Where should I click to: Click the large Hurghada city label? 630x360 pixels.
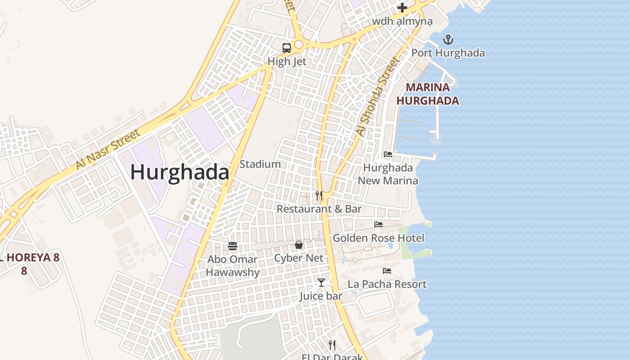(x=180, y=172)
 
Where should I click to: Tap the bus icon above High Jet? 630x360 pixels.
(x=287, y=48)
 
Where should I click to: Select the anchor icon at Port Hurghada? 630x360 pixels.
(x=448, y=40)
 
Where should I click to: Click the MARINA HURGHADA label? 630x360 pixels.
(x=427, y=94)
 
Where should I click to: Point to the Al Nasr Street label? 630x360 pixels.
(x=108, y=149)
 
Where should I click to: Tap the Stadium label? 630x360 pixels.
(x=260, y=164)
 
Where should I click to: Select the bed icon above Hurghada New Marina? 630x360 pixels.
(x=388, y=154)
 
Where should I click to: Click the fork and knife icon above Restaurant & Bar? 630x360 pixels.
(x=319, y=195)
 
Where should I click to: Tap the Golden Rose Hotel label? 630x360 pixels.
(x=378, y=238)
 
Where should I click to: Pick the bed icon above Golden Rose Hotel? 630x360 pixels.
(x=378, y=224)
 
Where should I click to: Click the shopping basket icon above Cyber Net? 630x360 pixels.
(x=299, y=245)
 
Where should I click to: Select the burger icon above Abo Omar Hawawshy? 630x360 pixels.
(x=233, y=246)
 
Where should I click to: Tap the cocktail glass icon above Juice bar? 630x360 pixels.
(x=321, y=282)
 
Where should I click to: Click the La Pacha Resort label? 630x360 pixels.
(x=387, y=284)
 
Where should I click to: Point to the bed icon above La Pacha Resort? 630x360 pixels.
(x=387, y=271)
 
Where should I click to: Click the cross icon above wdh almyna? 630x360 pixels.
(x=402, y=8)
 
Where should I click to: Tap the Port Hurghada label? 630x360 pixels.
(x=448, y=53)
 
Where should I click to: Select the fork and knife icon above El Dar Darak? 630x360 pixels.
(x=332, y=345)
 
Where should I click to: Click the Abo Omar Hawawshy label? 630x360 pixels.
(x=233, y=265)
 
